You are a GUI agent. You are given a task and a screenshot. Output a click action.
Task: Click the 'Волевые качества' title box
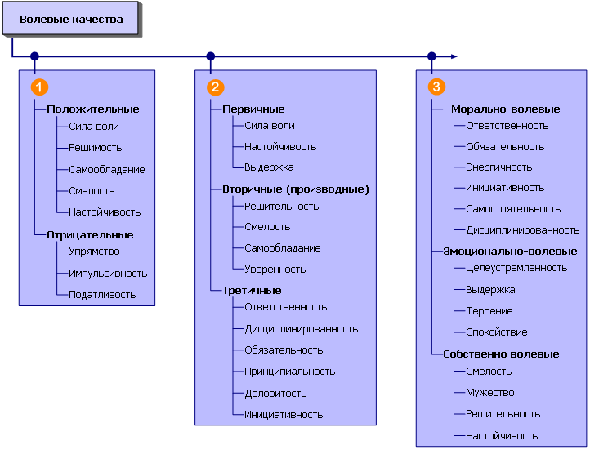pyautogui.click(x=71, y=20)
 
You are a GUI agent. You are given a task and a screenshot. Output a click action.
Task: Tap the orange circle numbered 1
pyautogui.click(x=38, y=87)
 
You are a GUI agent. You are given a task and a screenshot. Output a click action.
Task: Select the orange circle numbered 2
pyautogui.click(x=215, y=87)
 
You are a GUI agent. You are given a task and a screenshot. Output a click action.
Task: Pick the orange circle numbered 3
pyautogui.click(x=436, y=87)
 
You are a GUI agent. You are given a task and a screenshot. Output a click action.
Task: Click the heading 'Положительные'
pyautogui.click(x=92, y=109)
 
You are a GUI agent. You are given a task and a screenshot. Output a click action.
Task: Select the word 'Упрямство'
pyautogui.click(x=94, y=252)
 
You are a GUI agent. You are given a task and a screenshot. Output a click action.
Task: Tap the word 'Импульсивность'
pyautogui.click(x=108, y=273)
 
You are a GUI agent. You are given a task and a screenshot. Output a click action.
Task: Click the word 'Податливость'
pyautogui.click(x=102, y=294)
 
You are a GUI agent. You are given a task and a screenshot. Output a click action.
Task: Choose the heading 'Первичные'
pyautogui.click(x=253, y=109)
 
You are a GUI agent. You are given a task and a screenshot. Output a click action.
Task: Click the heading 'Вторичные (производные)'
pyautogui.click(x=296, y=189)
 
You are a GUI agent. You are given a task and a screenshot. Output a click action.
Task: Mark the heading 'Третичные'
pyautogui.click(x=252, y=290)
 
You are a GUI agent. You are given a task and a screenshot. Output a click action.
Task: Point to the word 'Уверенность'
pyautogui.click(x=275, y=269)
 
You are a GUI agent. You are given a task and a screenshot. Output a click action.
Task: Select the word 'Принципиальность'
pyautogui.click(x=289, y=371)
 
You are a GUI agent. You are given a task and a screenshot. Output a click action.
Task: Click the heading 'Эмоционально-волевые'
pyautogui.click(x=510, y=252)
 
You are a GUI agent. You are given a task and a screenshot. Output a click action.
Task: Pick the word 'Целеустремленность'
pyautogui.click(x=516, y=268)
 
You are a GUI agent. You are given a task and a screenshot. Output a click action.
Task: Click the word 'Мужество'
pyautogui.click(x=489, y=392)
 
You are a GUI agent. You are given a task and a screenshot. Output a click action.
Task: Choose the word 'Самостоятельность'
pyautogui.click(x=513, y=209)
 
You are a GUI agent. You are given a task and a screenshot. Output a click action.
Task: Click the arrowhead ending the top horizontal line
pyautogui.click(x=453, y=57)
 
